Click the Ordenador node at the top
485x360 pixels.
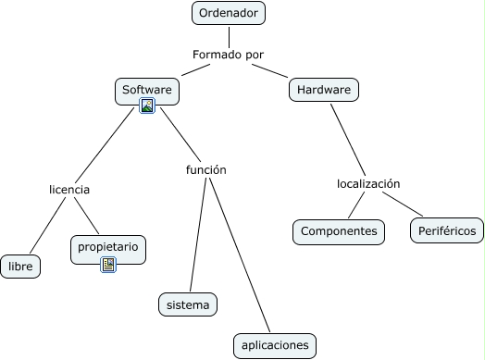click(x=229, y=13)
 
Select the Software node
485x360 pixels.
click(x=147, y=90)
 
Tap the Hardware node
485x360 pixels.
click(x=324, y=90)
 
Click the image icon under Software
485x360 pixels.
click(x=147, y=106)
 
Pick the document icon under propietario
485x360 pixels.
click(x=108, y=265)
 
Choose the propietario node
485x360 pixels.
click(x=108, y=247)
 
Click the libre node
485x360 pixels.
click(x=20, y=267)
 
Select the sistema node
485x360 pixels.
click(x=188, y=304)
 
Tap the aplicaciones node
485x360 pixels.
click(x=274, y=345)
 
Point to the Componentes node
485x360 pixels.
click(x=339, y=230)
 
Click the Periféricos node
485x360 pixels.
click(x=446, y=230)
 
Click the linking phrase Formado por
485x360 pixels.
click(x=228, y=55)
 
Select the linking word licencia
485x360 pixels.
click(x=69, y=189)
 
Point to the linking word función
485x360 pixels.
click(x=205, y=169)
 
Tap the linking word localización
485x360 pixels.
click(x=367, y=183)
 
